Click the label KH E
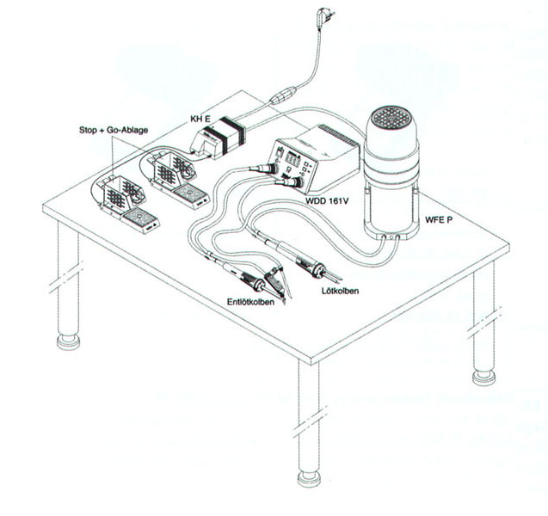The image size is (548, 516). tap(200, 120)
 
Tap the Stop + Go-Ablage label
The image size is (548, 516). tap(114, 131)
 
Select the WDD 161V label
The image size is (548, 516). tap(327, 201)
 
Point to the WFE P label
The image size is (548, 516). tap(439, 220)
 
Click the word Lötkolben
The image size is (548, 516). tap(340, 291)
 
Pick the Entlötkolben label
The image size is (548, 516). tap(250, 302)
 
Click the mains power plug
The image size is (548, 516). tap(324, 19)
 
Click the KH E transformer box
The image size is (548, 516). tap(219, 139)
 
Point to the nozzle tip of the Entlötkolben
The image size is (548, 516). tap(284, 302)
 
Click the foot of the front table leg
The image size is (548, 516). tap(309, 478)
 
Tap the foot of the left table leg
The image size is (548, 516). tap(69, 341)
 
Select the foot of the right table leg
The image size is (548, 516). tap(483, 378)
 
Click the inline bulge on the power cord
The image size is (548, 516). tap(283, 95)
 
